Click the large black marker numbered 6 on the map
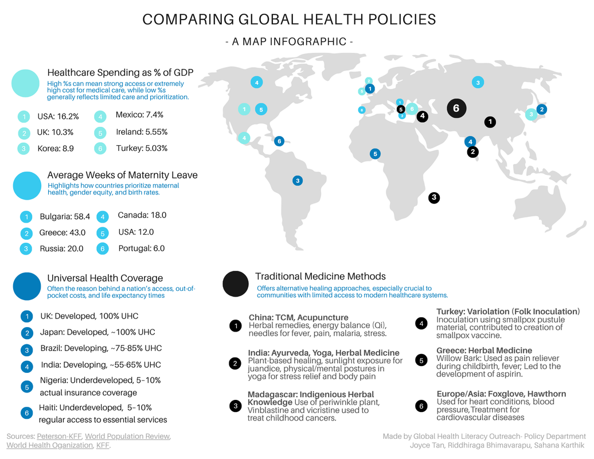tap(456, 108)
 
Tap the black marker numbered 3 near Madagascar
tap(434, 197)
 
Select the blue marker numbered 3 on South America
tap(297, 181)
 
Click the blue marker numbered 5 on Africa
tap(375, 154)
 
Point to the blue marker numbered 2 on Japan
tap(541, 109)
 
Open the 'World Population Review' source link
tap(127, 437)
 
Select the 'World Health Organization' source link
tap(49, 445)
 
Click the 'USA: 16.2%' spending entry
tap(58, 116)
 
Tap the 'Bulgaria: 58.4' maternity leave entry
tap(65, 217)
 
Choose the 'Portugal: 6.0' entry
tap(141, 248)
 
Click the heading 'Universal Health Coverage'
tap(105, 278)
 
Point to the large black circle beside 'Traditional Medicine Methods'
tap(236, 283)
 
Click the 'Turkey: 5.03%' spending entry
tap(142, 148)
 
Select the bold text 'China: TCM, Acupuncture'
tap(298, 317)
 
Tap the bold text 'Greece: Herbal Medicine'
tap(484, 351)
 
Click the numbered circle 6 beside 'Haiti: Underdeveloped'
tap(26, 413)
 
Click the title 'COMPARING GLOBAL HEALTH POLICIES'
tap(289, 19)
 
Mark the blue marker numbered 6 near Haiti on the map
tap(279, 141)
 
